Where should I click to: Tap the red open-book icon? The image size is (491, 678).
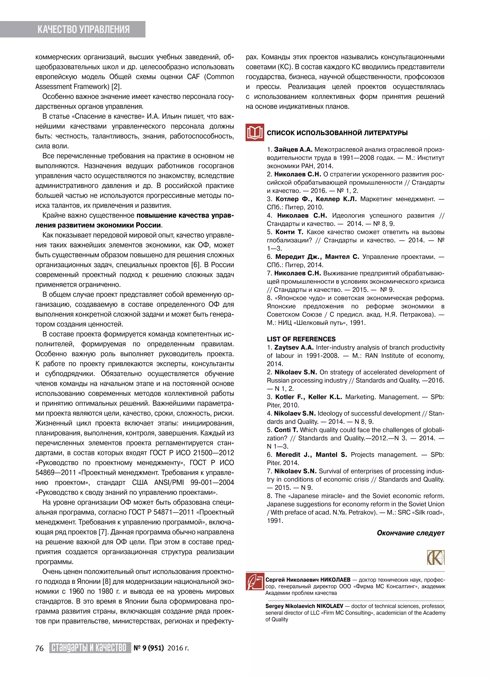point(255,132)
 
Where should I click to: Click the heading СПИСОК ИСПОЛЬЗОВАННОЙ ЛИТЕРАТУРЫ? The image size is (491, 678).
point(337,133)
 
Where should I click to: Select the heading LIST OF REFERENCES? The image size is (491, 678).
point(301,339)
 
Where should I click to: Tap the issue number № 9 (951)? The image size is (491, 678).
point(149,648)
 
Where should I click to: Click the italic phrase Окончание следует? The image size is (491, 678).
point(410,533)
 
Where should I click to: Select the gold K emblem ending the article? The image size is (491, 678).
point(436,557)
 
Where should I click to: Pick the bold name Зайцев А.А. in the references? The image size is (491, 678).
point(293,149)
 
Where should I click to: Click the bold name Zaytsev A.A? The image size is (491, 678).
point(294,347)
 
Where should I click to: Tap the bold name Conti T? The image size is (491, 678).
point(286,430)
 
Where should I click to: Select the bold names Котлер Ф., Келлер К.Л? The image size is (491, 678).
point(316,199)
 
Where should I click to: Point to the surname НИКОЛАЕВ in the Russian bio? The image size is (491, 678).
point(335,580)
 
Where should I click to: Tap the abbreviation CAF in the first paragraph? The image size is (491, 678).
point(193,77)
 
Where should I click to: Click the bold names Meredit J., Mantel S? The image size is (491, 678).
point(311,455)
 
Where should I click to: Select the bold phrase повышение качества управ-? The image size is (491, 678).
point(185,216)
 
